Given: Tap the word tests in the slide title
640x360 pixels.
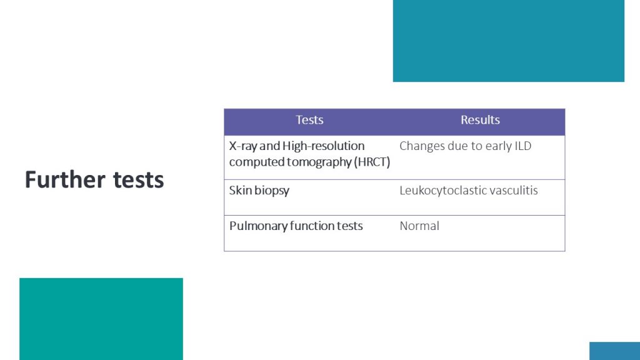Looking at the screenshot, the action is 138,180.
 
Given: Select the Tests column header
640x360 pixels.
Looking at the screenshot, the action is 309,119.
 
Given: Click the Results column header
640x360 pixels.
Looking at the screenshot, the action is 480,119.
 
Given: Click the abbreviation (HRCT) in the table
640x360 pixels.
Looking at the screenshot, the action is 372,162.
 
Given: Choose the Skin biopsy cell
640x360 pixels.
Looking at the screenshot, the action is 259,191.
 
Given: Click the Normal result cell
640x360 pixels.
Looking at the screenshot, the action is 419,226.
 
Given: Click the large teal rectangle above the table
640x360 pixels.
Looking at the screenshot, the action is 509,41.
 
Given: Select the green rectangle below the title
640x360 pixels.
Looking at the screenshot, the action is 101,319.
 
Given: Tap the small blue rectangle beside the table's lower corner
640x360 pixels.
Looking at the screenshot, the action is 615,351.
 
